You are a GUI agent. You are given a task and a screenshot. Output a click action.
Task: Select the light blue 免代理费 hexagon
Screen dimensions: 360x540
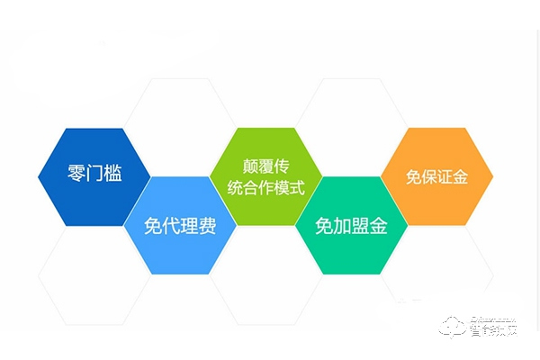(x=179, y=225)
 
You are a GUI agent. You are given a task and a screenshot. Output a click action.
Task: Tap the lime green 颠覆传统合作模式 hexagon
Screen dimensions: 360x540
(x=262, y=176)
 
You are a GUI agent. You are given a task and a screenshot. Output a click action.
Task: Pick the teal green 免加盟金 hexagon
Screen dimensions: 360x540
(x=350, y=225)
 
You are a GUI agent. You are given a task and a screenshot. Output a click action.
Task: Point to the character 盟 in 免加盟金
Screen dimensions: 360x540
(x=364, y=226)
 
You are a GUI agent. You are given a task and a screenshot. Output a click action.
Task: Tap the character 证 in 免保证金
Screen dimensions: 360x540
(x=447, y=175)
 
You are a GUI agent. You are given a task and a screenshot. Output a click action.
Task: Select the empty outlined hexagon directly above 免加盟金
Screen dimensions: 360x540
(x=350, y=126)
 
